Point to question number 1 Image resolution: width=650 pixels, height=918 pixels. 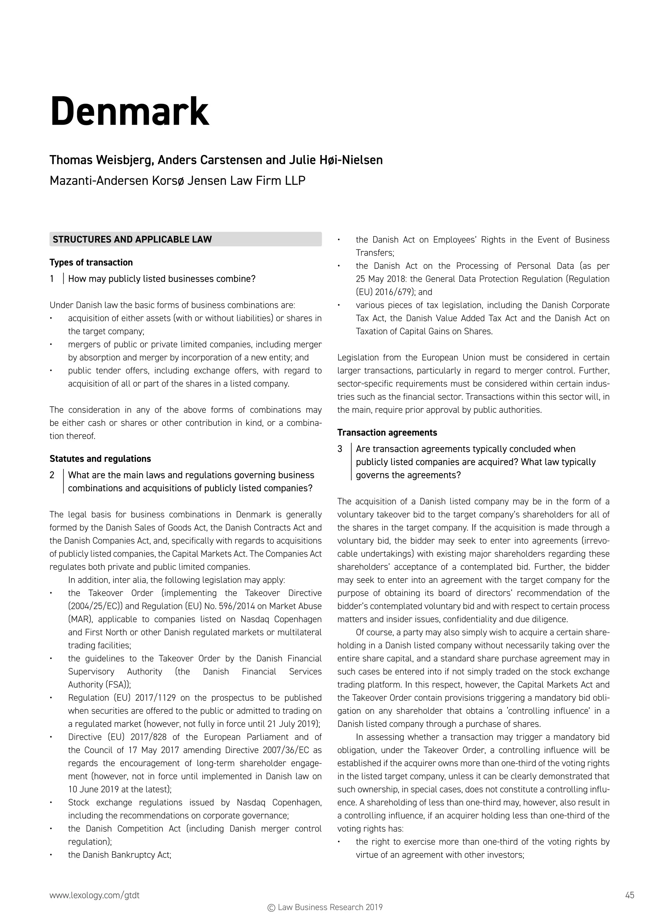[52, 279]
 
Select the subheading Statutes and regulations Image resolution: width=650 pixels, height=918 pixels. [100, 459]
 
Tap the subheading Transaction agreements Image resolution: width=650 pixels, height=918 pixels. [387, 433]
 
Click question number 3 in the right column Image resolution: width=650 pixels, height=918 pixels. [340, 449]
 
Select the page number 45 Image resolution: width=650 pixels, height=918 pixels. [630, 892]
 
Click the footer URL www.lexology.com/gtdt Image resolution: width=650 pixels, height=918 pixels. [95, 892]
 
